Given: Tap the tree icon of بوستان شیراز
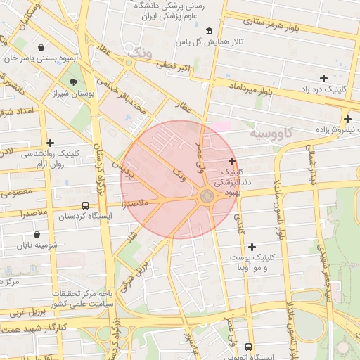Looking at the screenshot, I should coord(73,83).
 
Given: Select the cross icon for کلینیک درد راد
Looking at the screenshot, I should coord(323,78).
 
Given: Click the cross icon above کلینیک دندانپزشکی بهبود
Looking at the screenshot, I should coord(232,161).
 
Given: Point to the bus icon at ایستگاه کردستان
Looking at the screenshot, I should coord(86,205).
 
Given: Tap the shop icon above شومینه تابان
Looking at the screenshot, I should coord(37,235).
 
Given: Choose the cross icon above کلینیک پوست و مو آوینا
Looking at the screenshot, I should coord(252,247).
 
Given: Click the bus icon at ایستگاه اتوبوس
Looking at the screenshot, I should coord(248,347).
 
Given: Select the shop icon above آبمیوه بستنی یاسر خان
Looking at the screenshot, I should coord(42,48).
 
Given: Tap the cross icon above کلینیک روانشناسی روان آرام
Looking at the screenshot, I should coord(50,143).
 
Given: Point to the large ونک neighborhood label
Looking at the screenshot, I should coord(136,49).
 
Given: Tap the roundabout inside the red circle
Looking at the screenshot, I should coord(207,197).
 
